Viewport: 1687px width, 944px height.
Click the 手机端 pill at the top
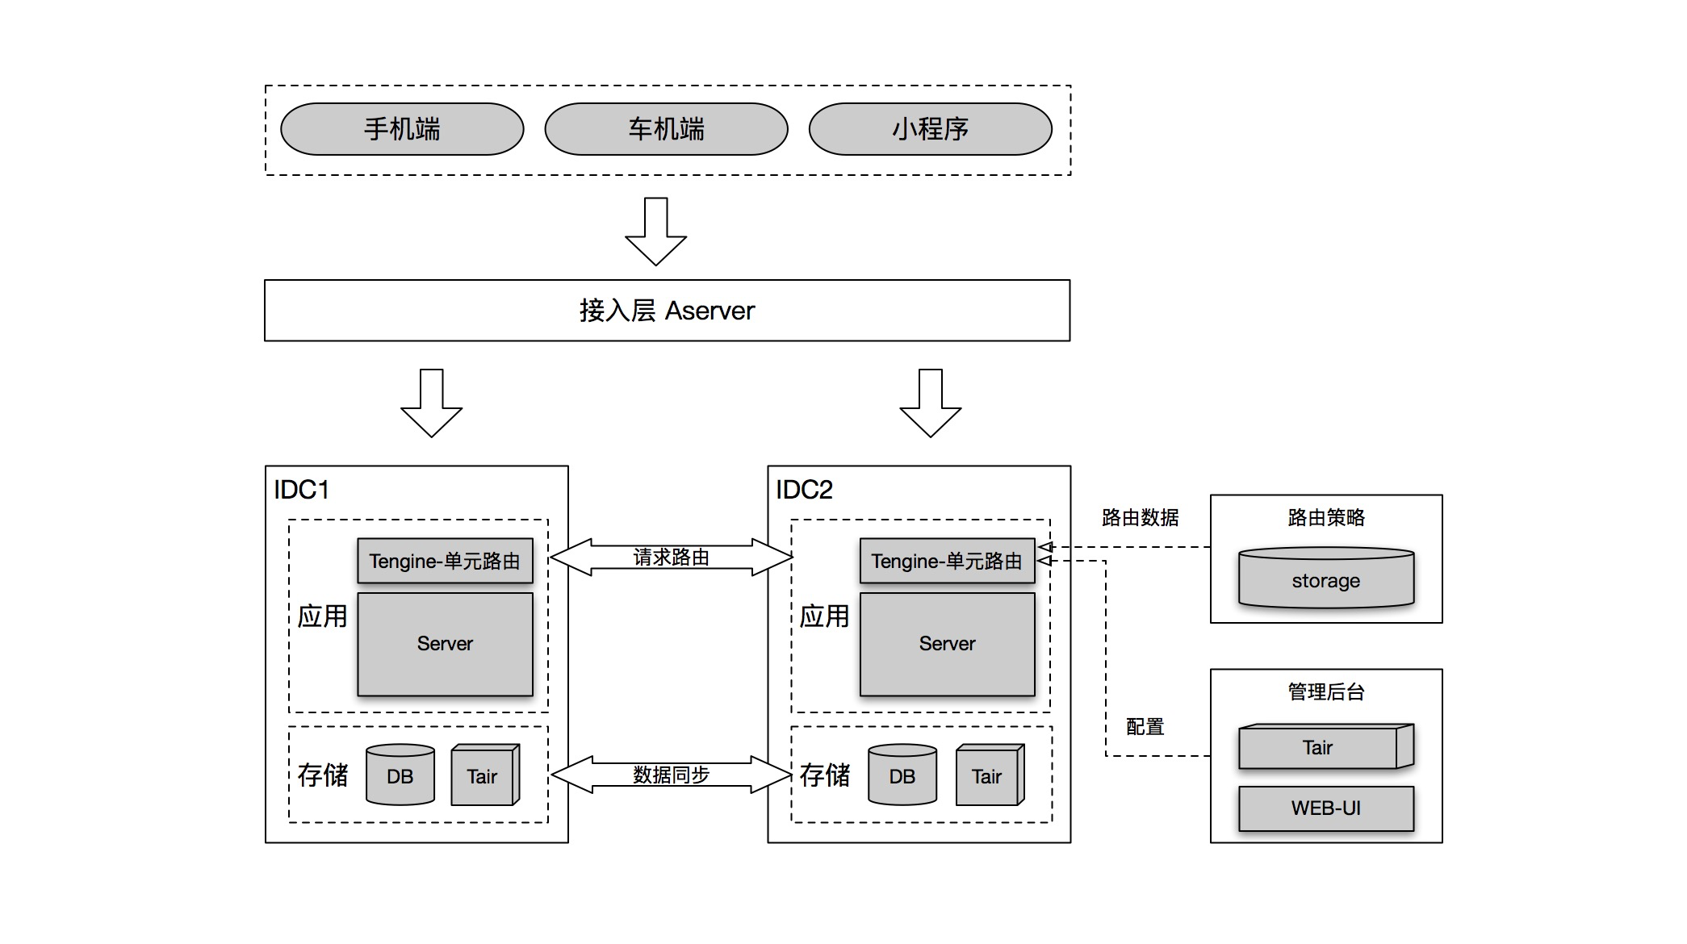[402, 129]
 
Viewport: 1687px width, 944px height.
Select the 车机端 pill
[666, 129]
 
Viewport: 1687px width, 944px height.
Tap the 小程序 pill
[930, 129]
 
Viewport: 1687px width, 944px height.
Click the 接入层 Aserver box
[667, 311]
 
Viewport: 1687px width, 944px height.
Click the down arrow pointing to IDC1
[431, 403]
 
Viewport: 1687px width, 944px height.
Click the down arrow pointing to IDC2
[930, 403]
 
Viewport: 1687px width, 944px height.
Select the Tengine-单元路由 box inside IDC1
[445, 561]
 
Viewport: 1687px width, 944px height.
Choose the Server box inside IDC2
[947, 644]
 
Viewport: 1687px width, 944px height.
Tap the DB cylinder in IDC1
[400, 776]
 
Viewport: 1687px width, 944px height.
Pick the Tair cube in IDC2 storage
[987, 776]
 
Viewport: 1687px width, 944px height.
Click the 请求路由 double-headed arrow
[671, 557]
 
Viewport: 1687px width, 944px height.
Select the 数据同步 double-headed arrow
[671, 775]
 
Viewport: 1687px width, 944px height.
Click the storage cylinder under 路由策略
[1326, 579]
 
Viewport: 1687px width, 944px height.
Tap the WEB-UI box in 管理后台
[1326, 808]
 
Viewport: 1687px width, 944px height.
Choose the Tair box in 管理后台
[1319, 748]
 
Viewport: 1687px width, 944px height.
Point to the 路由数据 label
[1140, 518]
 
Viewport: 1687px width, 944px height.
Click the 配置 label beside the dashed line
[1145, 727]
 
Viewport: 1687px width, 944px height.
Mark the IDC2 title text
[804, 490]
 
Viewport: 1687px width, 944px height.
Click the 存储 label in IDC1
[323, 775]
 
